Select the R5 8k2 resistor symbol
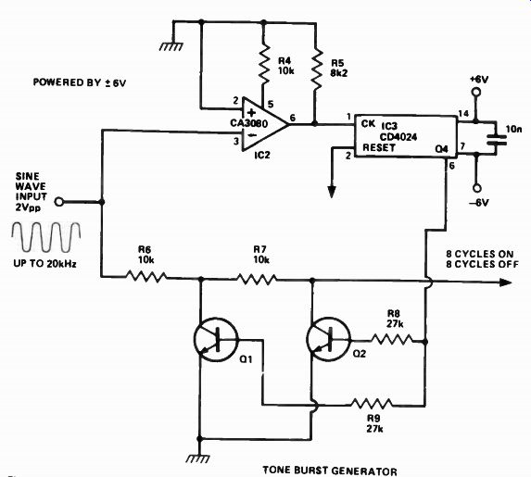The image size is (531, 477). (x=316, y=69)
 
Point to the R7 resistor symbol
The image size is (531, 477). (x=257, y=279)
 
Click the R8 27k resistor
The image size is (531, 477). (x=392, y=340)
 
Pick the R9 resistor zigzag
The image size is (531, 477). (x=372, y=403)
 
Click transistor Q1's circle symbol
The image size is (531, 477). (x=216, y=339)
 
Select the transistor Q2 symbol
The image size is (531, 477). (x=328, y=339)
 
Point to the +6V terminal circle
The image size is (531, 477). (x=476, y=93)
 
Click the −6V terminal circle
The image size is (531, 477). (x=476, y=188)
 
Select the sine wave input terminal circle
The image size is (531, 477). (x=59, y=202)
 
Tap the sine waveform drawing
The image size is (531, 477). (x=46, y=236)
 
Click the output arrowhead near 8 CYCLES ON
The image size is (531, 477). (x=505, y=282)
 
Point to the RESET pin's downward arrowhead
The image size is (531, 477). (x=332, y=192)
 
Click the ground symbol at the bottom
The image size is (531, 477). (x=199, y=458)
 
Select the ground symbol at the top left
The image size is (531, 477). (x=171, y=46)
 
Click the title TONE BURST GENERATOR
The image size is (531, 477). (x=330, y=471)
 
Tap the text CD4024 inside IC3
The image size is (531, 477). (x=398, y=137)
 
